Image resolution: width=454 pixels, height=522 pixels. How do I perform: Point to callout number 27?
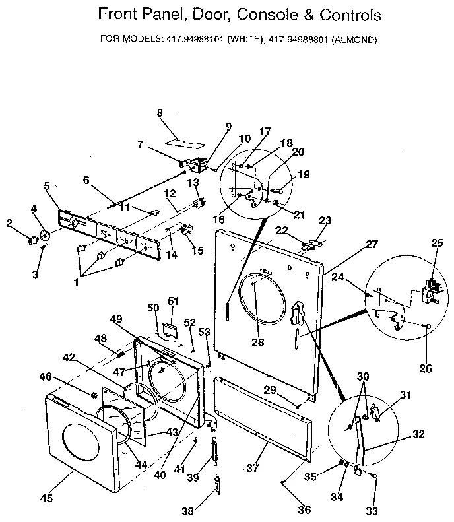point(372,244)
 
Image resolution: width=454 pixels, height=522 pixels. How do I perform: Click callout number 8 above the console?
point(160,112)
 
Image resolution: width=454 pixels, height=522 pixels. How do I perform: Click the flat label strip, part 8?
point(183,141)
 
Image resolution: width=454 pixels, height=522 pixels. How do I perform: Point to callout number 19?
point(303,175)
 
